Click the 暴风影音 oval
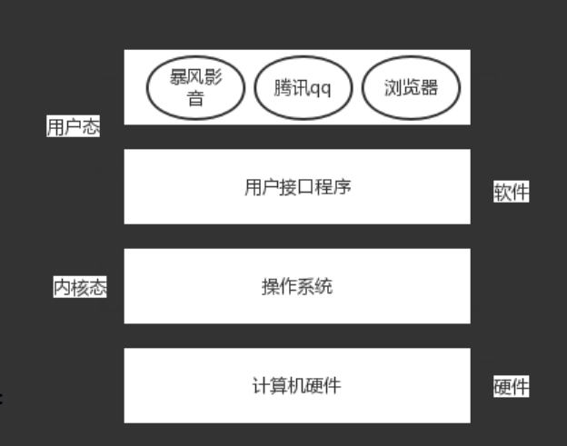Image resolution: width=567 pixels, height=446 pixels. (196, 87)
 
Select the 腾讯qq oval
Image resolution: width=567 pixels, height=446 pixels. (303, 87)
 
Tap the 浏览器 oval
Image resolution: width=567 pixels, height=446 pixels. (411, 87)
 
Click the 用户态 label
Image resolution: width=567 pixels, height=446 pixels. (73, 127)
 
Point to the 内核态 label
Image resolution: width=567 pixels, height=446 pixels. (80, 288)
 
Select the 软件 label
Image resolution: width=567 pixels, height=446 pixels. (511, 192)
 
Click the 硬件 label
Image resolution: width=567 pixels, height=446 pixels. (511, 386)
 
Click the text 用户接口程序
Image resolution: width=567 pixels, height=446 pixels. (297, 187)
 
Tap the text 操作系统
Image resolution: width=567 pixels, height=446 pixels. (297, 287)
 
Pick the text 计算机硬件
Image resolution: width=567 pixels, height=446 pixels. (297, 385)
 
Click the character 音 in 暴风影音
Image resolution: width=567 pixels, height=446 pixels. (196, 98)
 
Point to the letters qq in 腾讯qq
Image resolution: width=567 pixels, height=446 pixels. (320, 88)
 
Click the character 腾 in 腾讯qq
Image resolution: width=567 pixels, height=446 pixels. (284, 87)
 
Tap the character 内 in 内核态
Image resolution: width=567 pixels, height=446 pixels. (63, 288)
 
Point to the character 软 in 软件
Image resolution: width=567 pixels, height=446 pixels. (502, 192)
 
